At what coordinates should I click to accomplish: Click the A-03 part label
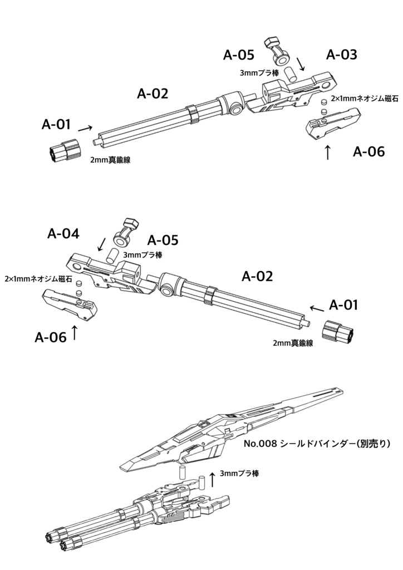pos(341,55)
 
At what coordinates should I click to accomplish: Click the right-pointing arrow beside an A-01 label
pos(85,128)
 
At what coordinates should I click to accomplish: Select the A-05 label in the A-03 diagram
pos(239,55)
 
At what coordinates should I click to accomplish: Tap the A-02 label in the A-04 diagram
pos(257,276)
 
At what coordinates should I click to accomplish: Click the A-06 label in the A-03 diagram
pos(368,151)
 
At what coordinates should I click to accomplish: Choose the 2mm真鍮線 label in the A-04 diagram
pos(292,343)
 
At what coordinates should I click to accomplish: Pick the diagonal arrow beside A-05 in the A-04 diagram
pos(102,244)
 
